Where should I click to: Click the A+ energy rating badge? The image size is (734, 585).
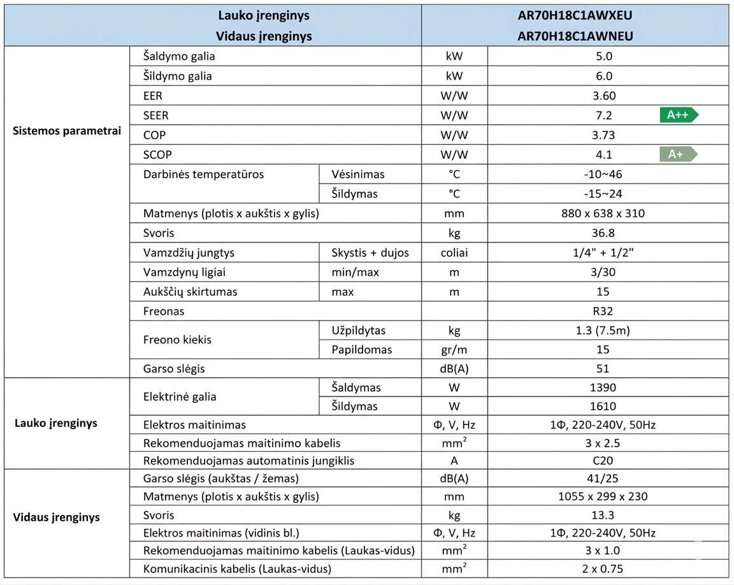(679, 154)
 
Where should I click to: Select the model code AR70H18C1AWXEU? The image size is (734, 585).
(575, 15)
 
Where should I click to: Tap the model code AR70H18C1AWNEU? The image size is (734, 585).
(575, 36)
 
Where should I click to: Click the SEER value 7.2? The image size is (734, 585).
(603, 115)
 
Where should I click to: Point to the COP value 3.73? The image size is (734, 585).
(603, 135)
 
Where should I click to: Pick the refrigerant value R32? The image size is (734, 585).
(603, 312)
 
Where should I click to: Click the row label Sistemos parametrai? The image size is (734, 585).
(67, 131)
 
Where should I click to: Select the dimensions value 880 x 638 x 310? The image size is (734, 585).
(603, 213)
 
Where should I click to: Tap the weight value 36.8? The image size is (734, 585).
(603, 233)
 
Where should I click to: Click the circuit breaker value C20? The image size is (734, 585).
(603, 460)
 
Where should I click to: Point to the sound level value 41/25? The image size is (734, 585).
(603, 479)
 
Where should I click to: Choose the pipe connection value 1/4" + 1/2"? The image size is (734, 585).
(603, 253)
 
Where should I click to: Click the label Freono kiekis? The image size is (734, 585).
(177, 340)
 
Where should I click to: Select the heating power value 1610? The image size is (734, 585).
(603, 406)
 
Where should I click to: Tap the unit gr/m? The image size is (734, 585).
(454, 349)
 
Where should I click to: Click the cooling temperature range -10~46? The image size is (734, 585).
(603, 174)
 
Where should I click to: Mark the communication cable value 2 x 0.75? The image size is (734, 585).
(603, 569)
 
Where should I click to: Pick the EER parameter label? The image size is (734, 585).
(154, 96)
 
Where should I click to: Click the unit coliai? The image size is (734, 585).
(454, 253)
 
